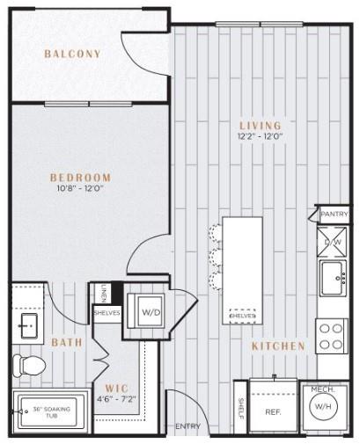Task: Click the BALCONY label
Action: (x=72, y=55)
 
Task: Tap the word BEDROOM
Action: (x=80, y=176)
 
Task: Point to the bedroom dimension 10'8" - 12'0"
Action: (x=80, y=188)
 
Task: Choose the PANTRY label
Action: (x=334, y=214)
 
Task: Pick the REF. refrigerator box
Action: (x=272, y=410)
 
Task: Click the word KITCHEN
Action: (x=278, y=346)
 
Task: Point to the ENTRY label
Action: (x=187, y=426)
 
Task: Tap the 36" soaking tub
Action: (x=49, y=411)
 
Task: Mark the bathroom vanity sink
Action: (x=27, y=327)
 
